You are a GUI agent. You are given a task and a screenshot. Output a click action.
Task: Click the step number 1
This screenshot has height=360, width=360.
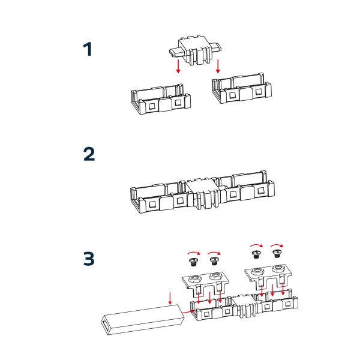click(88, 49)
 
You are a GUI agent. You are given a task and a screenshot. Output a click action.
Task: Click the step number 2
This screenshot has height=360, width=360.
click(88, 154)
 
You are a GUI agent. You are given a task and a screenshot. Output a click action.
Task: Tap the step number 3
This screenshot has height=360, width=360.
click(88, 259)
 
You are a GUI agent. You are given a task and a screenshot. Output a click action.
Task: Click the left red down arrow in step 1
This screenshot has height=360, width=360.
click(178, 66)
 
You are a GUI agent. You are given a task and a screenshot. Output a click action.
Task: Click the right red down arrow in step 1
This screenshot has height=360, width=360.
click(219, 66)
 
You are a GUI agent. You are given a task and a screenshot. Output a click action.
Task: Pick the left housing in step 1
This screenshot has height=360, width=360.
click(161, 100)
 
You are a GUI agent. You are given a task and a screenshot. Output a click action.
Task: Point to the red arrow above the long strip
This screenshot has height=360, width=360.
click(170, 297)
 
